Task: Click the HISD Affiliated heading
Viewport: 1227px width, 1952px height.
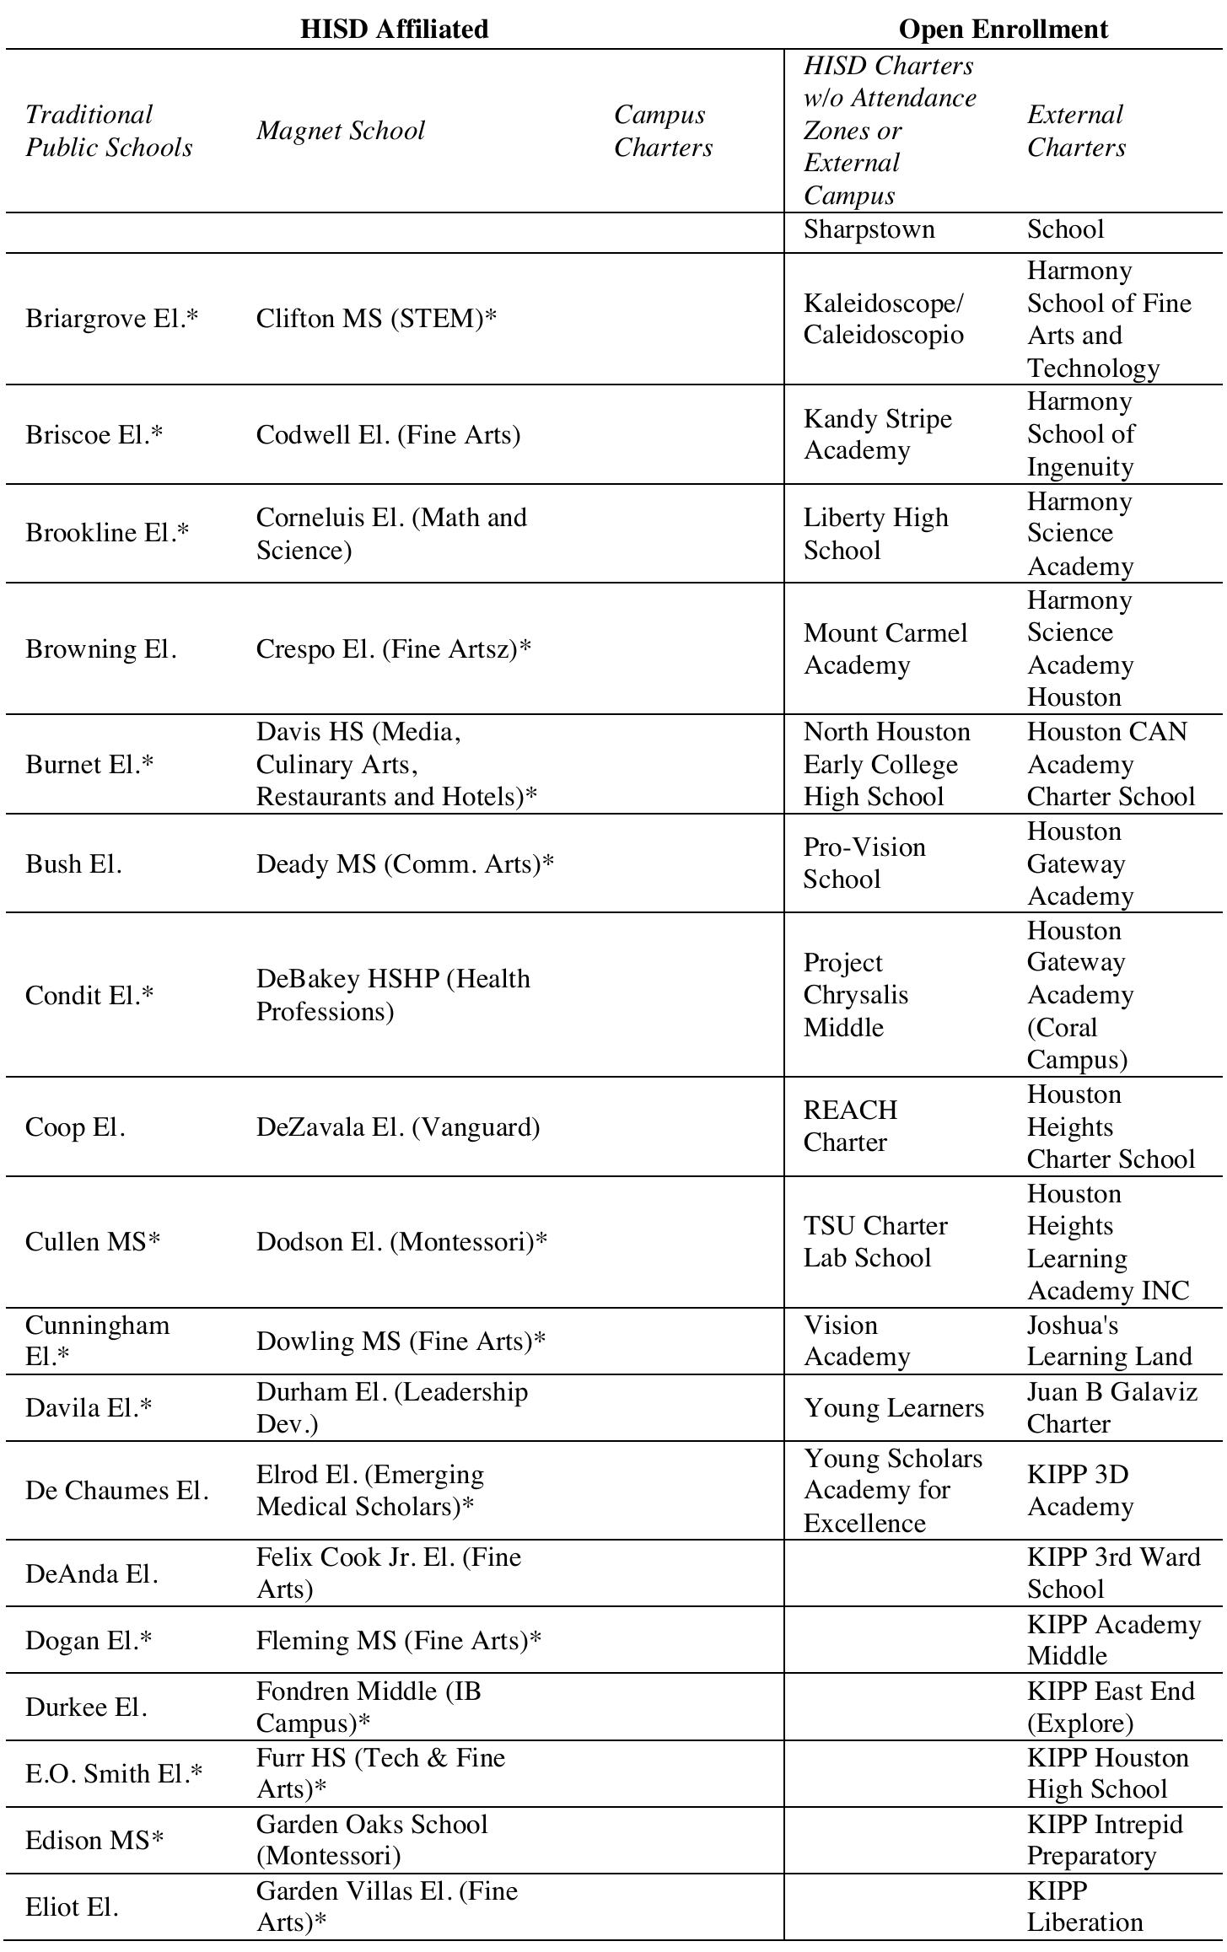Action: [x=394, y=29]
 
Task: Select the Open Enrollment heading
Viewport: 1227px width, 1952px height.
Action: [x=1003, y=29]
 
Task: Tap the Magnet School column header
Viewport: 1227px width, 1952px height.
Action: [x=341, y=131]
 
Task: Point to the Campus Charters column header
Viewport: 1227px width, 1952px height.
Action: [x=663, y=131]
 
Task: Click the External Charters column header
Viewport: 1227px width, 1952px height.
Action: [x=1076, y=131]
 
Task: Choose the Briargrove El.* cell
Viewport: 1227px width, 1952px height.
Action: [x=112, y=318]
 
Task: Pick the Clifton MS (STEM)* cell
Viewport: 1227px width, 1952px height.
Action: [x=376, y=318]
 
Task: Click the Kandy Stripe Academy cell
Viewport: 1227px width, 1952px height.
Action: [x=877, y=434]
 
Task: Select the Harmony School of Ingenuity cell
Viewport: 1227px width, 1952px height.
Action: [x=1080, y=434]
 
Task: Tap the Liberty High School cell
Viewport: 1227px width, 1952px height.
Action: [x=875, y=533]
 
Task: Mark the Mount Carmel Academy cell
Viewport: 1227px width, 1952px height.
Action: [x=885, y=648]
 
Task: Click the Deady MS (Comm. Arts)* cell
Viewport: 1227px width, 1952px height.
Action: [x=405, y=863]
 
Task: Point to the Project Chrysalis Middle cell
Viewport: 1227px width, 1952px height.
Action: [x=855, y=995]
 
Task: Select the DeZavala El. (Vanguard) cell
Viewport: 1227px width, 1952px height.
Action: [x=398, y=1127]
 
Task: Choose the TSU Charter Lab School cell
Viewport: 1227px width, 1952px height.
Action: [x=875, y=1241]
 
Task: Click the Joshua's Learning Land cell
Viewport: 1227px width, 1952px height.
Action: [x=1109, y=1341]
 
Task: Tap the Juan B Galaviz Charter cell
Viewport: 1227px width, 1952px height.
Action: [x=1111, y=1407]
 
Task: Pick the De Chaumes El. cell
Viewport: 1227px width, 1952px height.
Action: [x=116, y=1490]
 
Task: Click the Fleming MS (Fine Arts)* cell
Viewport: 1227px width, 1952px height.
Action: [x=399, y=1639]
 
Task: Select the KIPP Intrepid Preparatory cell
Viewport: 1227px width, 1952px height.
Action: [x=1105, y=1839]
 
